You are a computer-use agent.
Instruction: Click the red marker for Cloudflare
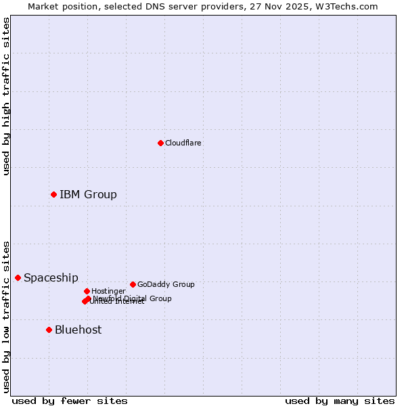tap(160, 143)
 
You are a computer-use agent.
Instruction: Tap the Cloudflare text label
tap(183, 143)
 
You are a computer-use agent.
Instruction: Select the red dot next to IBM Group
tap(53, 194)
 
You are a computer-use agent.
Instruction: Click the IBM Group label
tap(88, 195)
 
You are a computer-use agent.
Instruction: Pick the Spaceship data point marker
tap(18, 277)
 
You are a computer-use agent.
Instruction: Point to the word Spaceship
tap(51, 278)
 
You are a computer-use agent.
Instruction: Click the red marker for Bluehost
tap(49, 330)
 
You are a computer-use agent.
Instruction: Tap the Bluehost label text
tap(78, 330)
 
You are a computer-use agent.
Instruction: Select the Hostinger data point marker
tap(87, 291)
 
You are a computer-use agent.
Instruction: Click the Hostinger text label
tap(108, 291)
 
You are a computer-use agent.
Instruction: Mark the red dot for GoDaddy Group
tap(133, 284)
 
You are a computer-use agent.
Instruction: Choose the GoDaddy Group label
tap(166, 284)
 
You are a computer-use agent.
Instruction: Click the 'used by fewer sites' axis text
tap(70, 401)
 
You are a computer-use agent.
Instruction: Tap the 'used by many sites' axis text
tap(340, 401)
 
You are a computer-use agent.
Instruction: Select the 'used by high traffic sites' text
tap(6, 96)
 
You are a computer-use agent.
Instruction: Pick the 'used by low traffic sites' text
tap(6, 316)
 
